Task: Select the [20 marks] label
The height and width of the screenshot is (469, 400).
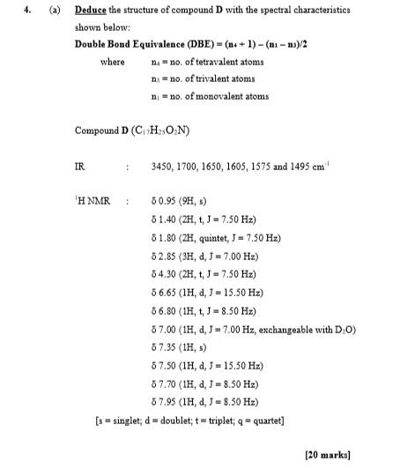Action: [327, 454]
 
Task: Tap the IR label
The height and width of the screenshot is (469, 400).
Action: [80, 167]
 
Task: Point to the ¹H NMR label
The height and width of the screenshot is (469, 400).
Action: [91, 202]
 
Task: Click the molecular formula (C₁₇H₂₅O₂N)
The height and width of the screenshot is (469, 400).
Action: [163, 130]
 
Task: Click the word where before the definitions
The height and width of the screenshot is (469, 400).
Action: [112, 62]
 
